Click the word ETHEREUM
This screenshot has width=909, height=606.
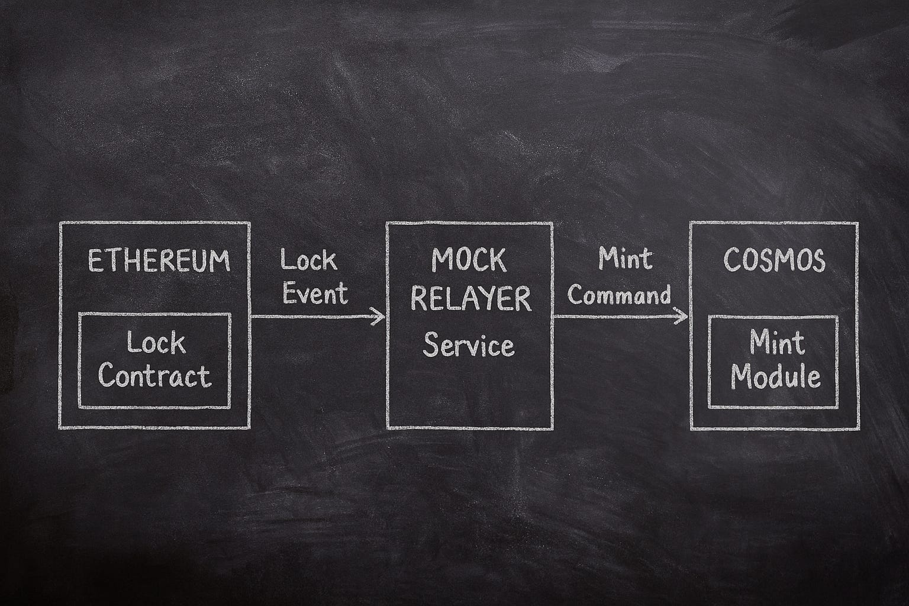pos(159,261)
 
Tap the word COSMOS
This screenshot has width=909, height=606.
pos(774,260)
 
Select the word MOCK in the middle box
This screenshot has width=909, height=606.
pos(469,260)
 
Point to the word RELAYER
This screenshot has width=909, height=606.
pos(470,299)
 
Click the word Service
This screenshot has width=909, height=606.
pos(469,344)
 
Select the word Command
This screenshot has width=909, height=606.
pos(619,294)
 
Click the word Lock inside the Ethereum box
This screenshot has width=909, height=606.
pos(156,343)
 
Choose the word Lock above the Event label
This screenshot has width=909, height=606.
pos(309,260)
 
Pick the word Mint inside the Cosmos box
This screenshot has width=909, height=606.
pos(777,342)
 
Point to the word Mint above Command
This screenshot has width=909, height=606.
pos(626,258)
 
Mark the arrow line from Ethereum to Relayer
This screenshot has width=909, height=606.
pos(317,316)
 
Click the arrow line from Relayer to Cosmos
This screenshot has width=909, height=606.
pos(620,316)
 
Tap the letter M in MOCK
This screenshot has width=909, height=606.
pos(441,260)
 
